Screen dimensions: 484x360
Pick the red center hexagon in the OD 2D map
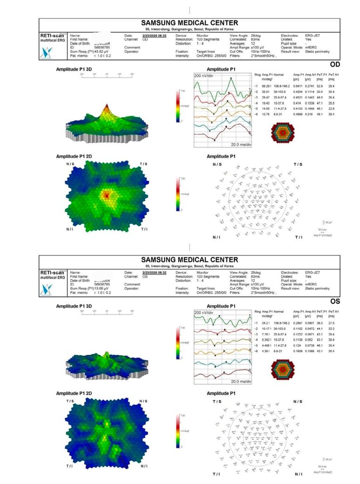pos(107,194)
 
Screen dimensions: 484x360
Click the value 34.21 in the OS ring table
pos(266,323)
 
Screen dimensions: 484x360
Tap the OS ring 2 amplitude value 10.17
pos(266,329)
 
